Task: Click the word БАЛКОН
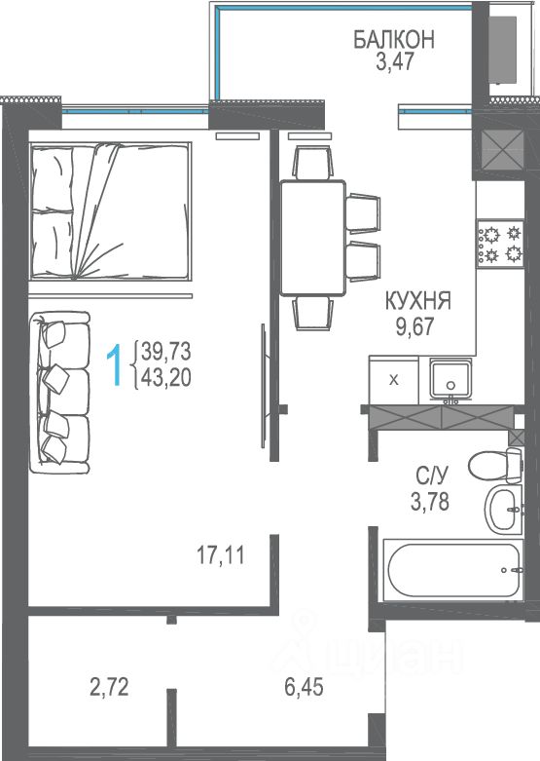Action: point(394,40)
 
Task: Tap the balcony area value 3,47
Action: point(396,62)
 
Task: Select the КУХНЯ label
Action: point(418,301)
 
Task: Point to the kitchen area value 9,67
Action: point(414,326)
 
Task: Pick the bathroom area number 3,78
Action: point(429,503)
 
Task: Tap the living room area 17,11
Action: point(221,554)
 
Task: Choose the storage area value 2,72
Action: point(110,687)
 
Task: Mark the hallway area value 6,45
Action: point(304,687)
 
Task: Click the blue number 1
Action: point(115,365)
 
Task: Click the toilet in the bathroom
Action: point(495,466)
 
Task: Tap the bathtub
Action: point(453,570)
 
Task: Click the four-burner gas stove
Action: point(500,243)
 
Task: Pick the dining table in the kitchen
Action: point(313,238)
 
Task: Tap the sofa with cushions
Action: point(59,392)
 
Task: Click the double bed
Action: point(111,211)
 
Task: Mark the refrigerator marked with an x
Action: point(394,380)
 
